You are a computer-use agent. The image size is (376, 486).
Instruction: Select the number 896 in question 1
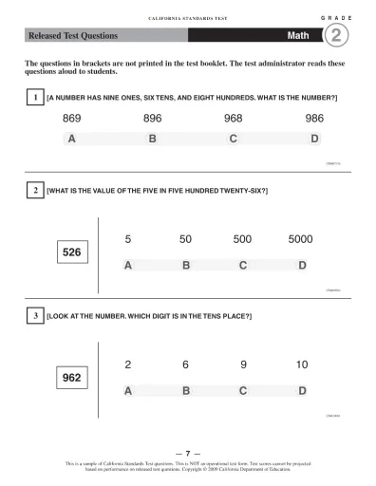click(153, 119)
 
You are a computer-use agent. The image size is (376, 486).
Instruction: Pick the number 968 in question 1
click(234, 119)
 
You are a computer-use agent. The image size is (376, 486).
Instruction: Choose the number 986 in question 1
click(314, 119)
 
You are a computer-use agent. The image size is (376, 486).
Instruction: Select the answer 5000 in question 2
click(300, 240)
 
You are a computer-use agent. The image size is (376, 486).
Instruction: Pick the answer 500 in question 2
click(242, 240)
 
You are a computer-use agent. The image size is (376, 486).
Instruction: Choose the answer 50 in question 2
click(186, 240)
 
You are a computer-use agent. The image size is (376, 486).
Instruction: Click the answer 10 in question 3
click(302, 364)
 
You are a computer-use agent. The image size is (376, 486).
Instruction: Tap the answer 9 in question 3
click(243, 364)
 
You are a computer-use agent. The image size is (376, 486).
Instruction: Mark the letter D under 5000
click(302, 265)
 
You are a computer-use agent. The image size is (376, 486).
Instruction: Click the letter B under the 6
click(186, 390)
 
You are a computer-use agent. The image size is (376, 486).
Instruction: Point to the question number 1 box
click(34, 98)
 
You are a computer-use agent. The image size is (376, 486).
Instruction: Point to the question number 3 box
click(34, 314)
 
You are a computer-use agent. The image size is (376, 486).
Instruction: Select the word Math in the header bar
click(300, 36)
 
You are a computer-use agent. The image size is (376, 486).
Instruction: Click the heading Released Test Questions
click(72, 36)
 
